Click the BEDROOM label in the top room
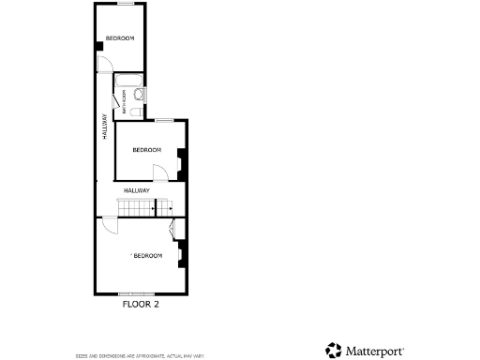coord(119,38)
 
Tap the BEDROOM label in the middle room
coord(146,150)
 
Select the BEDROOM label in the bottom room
coord(147,256)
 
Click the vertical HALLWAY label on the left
coord(104,127)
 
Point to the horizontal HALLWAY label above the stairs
coord(136,190)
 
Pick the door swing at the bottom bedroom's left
coord(110,225)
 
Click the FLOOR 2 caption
coord(142,304)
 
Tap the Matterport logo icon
coord(334,350)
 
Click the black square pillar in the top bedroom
coord(98,46)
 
